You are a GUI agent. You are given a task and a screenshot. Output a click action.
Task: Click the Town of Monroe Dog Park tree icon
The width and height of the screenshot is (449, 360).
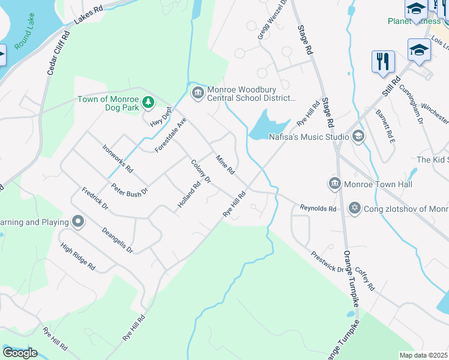click(x=148, y=103)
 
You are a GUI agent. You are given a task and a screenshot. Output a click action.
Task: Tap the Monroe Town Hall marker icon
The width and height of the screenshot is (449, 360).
click(x=334, y=182)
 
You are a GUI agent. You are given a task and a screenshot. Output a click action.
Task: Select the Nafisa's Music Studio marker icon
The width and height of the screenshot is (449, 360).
click(x=358, y=136)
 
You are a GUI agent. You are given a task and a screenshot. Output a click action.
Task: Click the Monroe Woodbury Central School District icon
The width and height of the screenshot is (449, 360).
click(x=197, y=93)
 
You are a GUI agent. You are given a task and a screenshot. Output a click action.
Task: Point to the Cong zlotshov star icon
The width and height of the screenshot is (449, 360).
click(x=354, y=208)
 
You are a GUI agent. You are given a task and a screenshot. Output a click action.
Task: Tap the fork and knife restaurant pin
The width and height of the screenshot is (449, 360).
click(x=383, y=62)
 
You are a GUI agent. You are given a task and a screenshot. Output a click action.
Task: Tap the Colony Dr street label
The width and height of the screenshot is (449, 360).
click(x=201, y=171)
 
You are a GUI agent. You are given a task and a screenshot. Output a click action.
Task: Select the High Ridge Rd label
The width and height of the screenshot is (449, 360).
click(x=78, y=257)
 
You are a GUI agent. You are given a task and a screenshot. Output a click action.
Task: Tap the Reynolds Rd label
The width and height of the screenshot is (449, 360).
click(x=318, y=208)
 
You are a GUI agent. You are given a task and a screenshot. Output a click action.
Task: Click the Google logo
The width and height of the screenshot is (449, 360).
click(x=20, y=353)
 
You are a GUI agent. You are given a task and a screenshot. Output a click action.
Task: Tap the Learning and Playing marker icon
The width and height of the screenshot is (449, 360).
click(x=78, y=222)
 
